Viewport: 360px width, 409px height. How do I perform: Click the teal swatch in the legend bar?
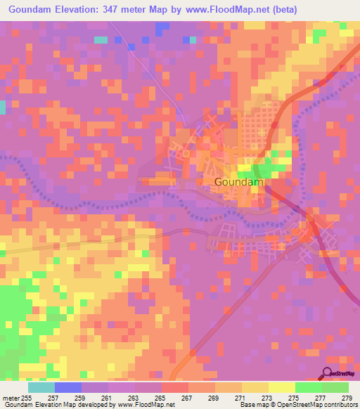pos(41,387)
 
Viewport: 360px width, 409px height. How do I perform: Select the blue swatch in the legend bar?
pos(68,387)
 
